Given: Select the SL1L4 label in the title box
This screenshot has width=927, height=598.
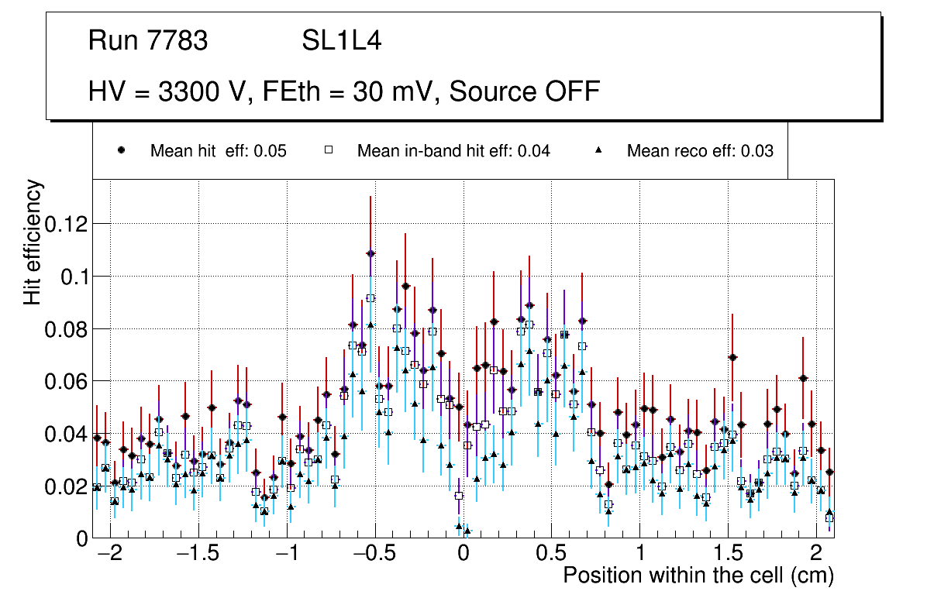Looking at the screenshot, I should coord(341,40).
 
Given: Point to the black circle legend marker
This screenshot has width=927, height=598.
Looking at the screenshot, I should coord(122,151).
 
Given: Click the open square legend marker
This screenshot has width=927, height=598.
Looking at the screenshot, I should coord(328,151).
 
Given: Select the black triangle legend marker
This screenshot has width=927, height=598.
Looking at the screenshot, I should coord(598,151).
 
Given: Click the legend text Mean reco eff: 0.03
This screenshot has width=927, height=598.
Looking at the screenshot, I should coord(700,151).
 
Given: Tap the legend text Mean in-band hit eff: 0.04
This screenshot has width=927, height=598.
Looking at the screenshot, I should coord(453,151).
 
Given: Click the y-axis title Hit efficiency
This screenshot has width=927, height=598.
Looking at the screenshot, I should coord(33,242).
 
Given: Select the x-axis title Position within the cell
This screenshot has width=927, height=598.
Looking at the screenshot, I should coord(698,576).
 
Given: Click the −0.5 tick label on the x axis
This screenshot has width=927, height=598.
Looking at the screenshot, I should coord(374,555).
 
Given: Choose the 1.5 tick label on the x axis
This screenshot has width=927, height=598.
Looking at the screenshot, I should coord(728,555).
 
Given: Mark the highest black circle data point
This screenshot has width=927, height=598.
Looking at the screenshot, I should coord(370,253).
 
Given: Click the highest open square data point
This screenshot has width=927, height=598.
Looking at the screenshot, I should coord(370,298).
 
